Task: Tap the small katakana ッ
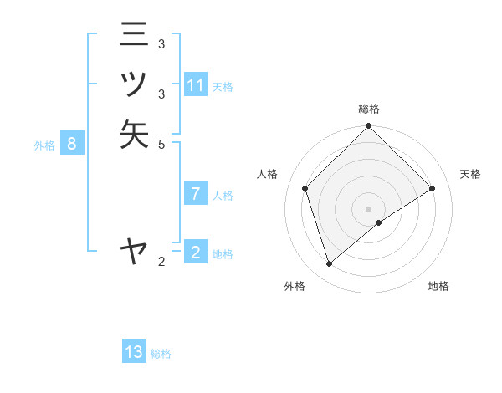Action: pos(134,84)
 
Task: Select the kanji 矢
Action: pos(134,134)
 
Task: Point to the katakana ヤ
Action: pos(134,250)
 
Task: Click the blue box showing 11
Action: pos(196,85)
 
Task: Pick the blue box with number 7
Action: pos(195,194)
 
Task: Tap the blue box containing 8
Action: pos(72,144)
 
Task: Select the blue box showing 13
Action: pos(134,352)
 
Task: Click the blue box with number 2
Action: pos(195,253)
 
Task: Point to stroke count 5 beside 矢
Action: pos(161,144)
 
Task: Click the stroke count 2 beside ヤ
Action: pos(161,263)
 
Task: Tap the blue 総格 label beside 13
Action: pos(161,354)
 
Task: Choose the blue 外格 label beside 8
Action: pos(44,145)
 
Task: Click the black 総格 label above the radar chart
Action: pos(369,109)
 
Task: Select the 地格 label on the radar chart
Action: pos(438,286)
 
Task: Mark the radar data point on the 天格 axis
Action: pos(433,188)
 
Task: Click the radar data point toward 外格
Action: pos(330,264)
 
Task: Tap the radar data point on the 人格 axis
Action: pos(305,188)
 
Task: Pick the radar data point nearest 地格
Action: pos(379,222)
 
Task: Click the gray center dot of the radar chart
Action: pos(369,208)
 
